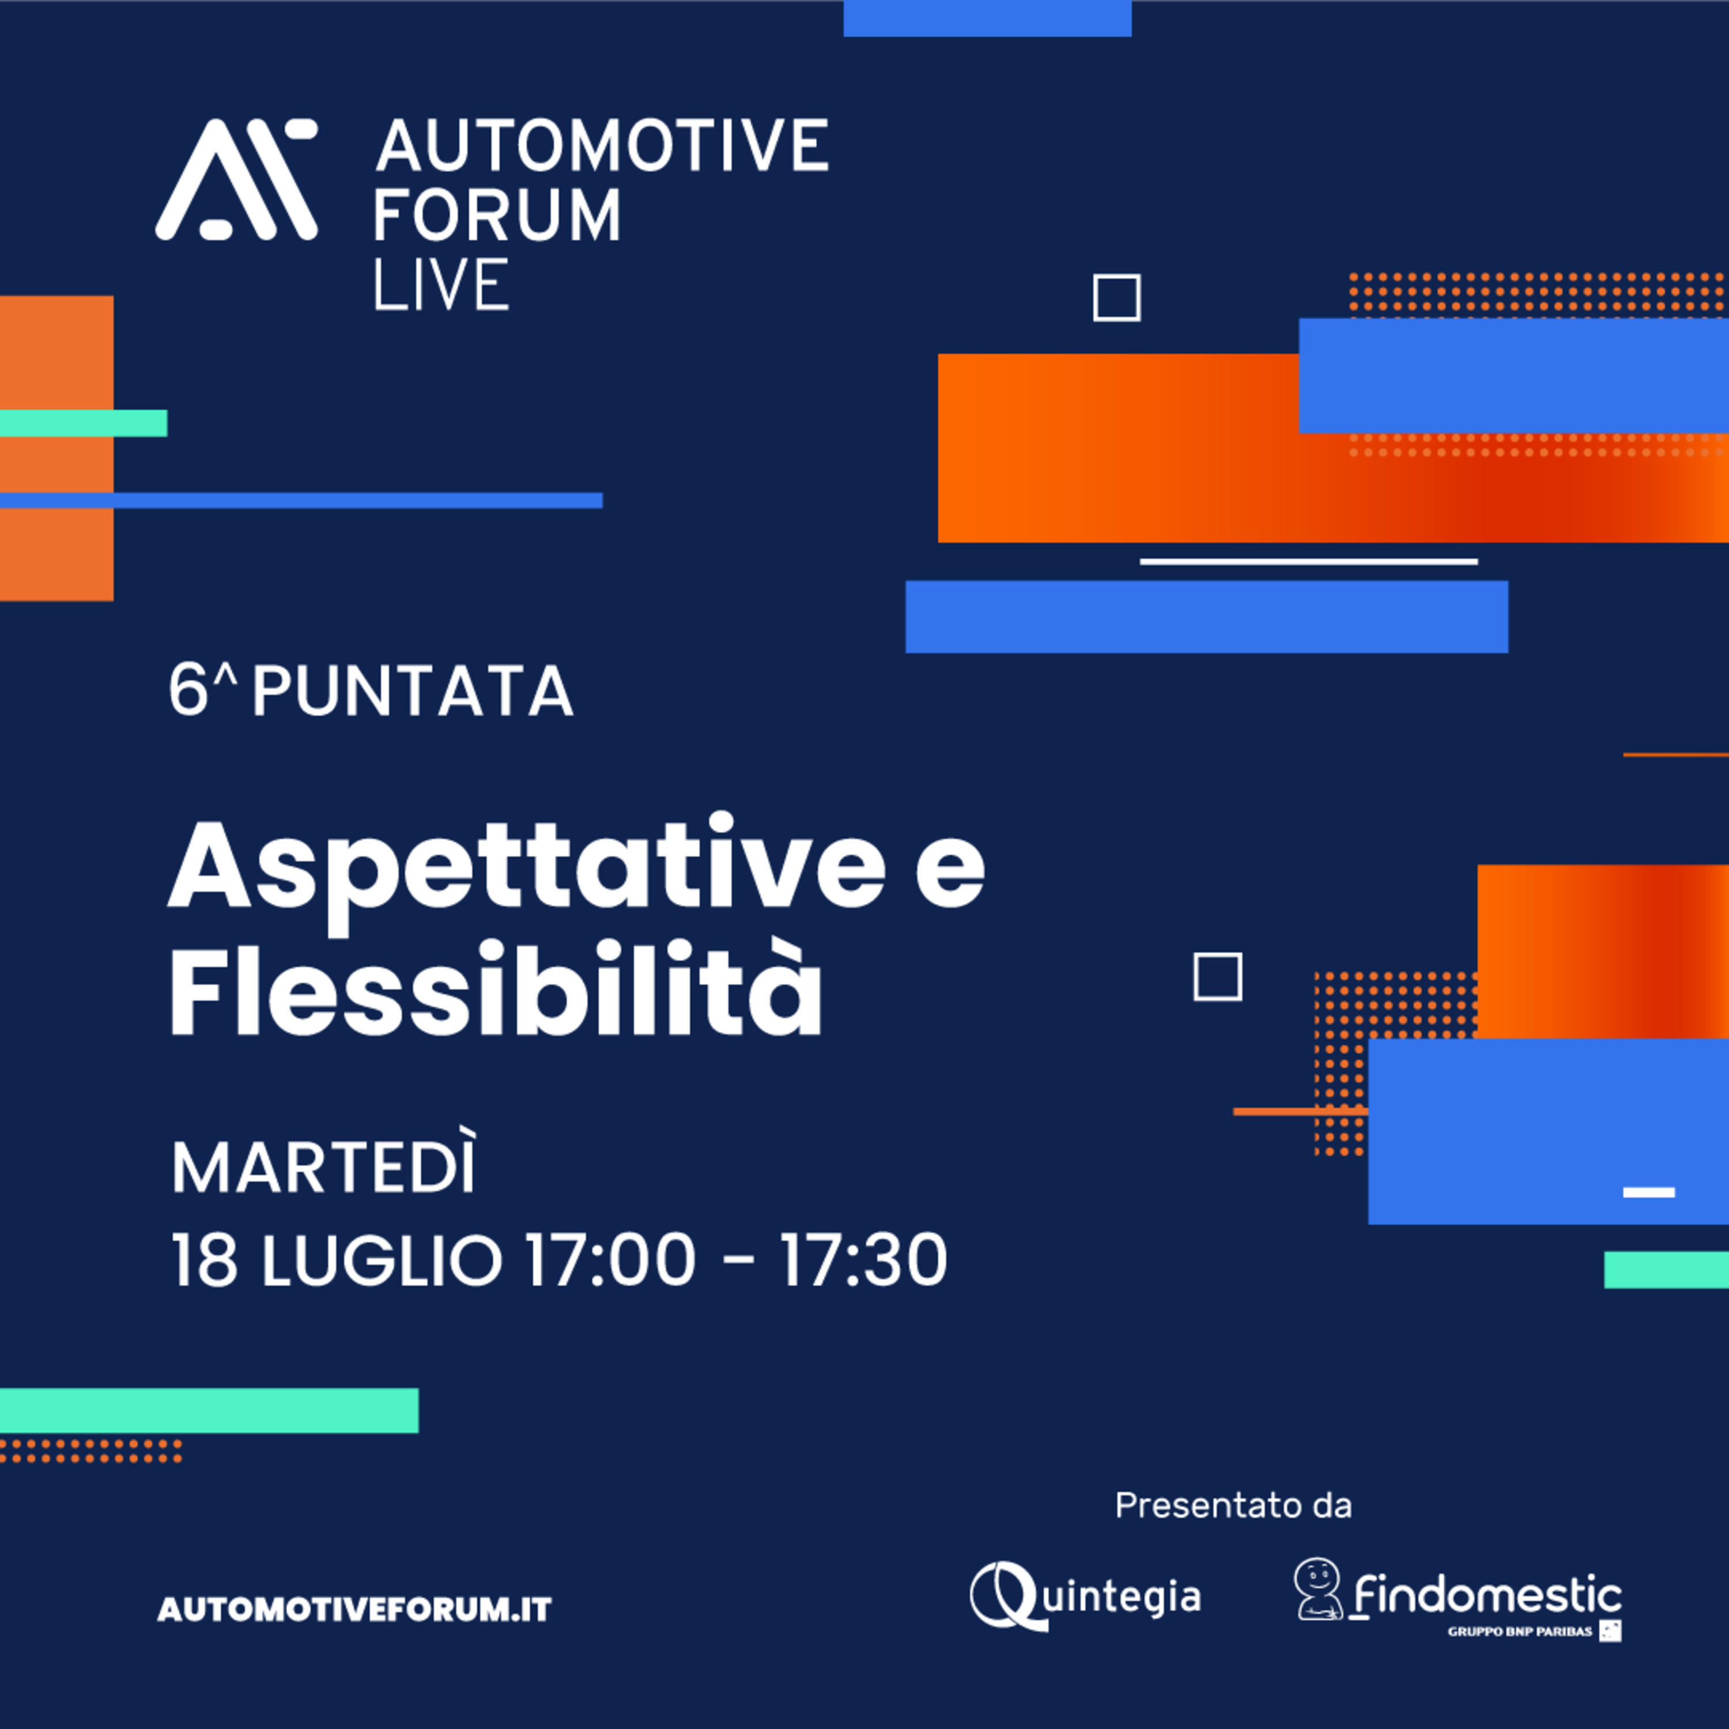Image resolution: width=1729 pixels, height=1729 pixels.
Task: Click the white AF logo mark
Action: pyautogui.click(x=236, y=180)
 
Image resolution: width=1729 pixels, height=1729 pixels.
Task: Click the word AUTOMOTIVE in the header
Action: pyautogui.click(x=601, y=145)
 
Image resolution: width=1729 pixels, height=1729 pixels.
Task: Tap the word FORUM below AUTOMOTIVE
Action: pyautogui.click(x=497, y=215)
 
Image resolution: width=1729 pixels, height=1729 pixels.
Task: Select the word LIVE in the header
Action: pyautogui.click(x=441, y=285)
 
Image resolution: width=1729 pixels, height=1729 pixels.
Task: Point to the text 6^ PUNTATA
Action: pyautogui.click(x=371, y=691)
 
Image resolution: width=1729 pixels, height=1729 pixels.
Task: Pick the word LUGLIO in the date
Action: pyautogui.click(x=382, y=1260)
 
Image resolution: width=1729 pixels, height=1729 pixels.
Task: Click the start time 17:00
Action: pyautogui.click(x=609, y=1260)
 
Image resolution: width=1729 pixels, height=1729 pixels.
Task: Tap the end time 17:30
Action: pyautogui.click(x=863, y=1260)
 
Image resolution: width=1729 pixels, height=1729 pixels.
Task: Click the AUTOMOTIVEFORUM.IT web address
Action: pyautogui.click(x=354, y=1610)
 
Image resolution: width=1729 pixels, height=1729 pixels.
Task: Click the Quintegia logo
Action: pyautogui.click(x=1085, y=1596)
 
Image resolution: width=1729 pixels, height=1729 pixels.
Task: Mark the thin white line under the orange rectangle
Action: pyautogui.click(x=1308, y=562)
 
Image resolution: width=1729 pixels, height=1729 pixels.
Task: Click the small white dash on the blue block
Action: pyautogui.click(x=1648, y=1192)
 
